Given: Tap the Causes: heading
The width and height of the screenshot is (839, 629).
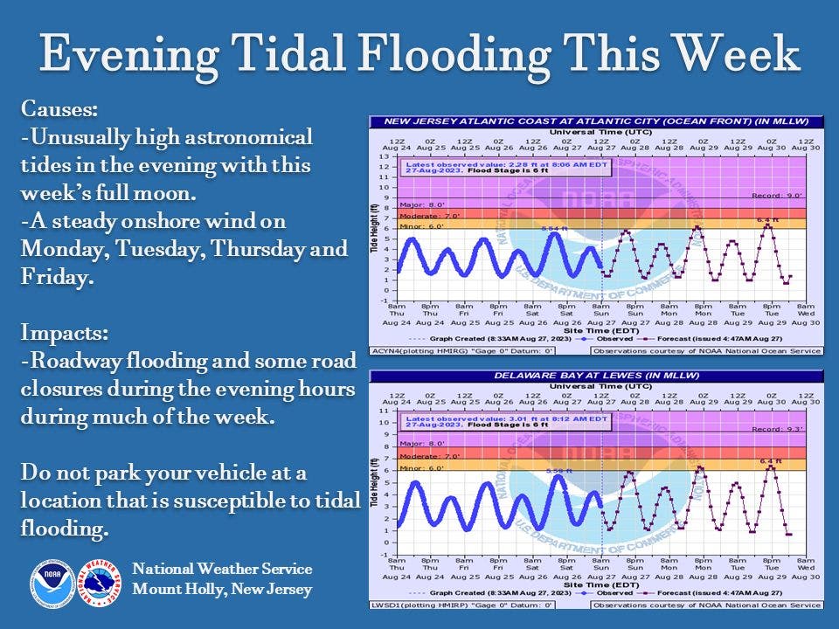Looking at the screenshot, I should pos(57,109).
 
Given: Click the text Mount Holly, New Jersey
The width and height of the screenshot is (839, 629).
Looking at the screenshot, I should pos(222,590).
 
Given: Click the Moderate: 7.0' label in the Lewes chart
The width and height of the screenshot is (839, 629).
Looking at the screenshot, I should pos(425,456).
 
